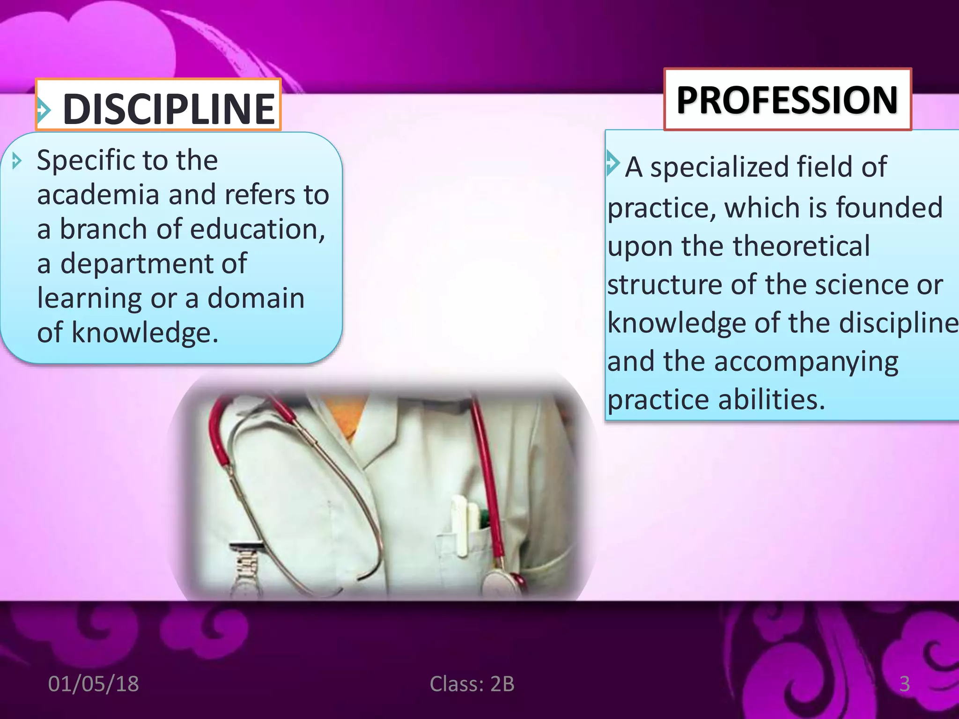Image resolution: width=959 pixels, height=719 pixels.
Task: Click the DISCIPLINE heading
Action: (x=169, y=109)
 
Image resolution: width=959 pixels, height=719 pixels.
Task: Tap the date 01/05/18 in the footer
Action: (x=93, y=684)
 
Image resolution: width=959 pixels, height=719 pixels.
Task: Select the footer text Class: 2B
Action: (x=472, y=684)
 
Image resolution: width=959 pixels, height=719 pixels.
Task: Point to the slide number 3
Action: (x=904, y=684)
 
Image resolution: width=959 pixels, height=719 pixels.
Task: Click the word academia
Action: (x=98, y=195)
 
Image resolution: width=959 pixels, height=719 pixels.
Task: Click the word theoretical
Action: (x=801, y=246)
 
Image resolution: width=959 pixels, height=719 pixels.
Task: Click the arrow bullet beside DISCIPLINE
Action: (x=44, y=110)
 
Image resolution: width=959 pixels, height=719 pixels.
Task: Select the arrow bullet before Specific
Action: (x=17, y=161)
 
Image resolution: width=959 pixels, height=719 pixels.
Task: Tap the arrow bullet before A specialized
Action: (x=612, y=162)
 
